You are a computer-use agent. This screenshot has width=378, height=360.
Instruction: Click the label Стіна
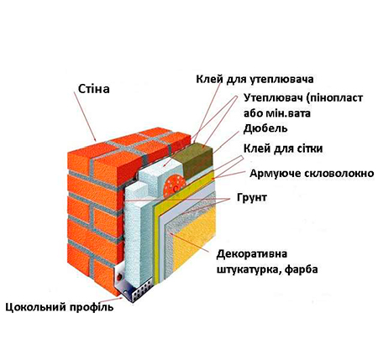pyautogui.click(x=93, y=89)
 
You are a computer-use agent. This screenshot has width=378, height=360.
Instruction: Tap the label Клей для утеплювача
pyautogui.click(x=255, y=80)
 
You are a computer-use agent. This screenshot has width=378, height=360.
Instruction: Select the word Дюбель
pyautogui.click(x=265, y=128)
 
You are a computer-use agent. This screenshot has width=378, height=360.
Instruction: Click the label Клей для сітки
pyautogui.click(x=283, y=149)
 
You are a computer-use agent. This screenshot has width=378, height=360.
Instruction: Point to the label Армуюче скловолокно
pyautogui.click(x=312, y=174)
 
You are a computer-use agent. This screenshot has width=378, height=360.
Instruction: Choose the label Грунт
pyautogui.click(x=252, y=198)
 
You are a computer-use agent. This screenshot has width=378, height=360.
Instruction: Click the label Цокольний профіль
pyautogui.click(x=60, y=307)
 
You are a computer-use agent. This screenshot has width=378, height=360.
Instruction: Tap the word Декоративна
pyautogui.click(x=252, y=254)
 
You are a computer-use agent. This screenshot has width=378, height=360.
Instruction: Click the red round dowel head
pyautogui.click(x=175, y=186)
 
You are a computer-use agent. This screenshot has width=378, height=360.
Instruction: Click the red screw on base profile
pyautogui.click(x=120, y=277)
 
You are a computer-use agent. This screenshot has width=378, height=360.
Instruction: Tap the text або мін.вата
pyautogui.click(x=277, y=114)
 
